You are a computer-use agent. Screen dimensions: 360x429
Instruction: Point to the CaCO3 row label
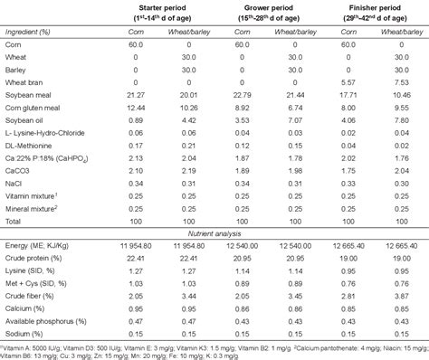click(19, 179)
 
